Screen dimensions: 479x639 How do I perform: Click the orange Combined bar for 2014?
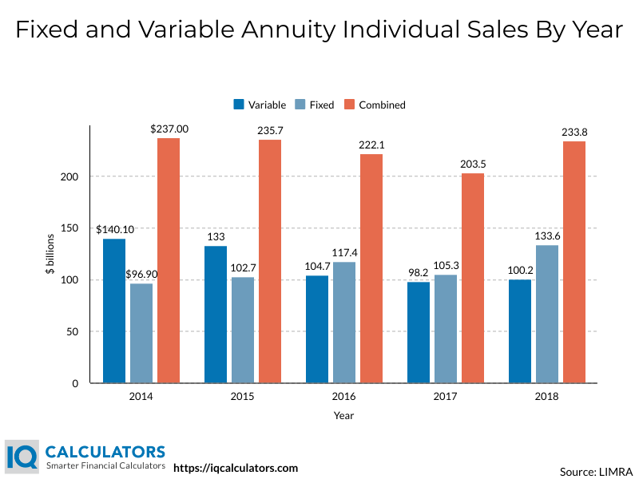169,261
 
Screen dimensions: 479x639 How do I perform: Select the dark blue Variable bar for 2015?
216,315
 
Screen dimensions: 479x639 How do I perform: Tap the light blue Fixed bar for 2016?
344,323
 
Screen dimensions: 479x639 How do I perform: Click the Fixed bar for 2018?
547,315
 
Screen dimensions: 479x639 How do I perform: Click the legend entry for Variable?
260,105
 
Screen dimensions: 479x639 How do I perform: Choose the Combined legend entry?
375,105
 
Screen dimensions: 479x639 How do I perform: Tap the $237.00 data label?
169,129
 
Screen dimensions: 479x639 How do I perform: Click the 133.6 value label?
547,236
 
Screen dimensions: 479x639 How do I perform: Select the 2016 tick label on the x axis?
344,397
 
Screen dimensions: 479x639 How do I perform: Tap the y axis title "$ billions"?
49,255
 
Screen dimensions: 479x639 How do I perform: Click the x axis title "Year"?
344,416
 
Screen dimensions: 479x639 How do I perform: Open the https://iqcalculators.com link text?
236,468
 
